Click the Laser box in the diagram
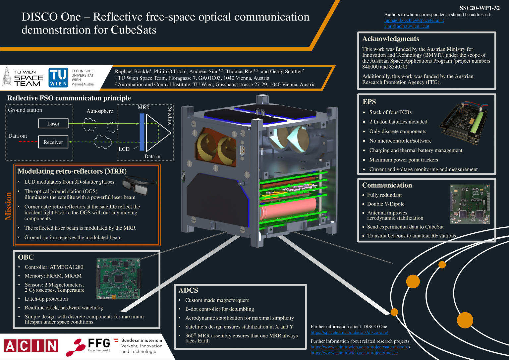53,124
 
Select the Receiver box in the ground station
53,142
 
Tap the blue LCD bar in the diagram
142,132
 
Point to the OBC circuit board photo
118,278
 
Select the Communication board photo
470,204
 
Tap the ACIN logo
31,346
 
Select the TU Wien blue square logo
58,78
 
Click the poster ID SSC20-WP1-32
479,8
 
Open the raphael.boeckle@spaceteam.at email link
414,21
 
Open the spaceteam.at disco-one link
349,332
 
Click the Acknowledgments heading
390,39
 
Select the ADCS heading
188,290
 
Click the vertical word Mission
8,206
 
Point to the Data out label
18,136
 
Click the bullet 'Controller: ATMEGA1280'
54,267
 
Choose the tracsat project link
354,353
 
